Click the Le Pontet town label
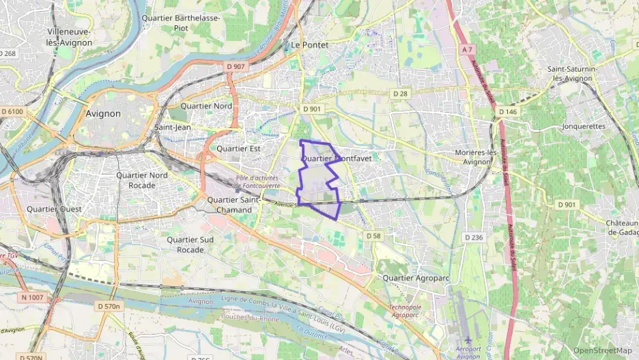pyautogui.click(x=309, y=45)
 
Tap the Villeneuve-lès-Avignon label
pyautogui.click(x=80, y=37)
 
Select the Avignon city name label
pyautogui.click(x=104, y=114)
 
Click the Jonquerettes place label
pyautogui.click(x=584, y=126)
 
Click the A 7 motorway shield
pyautogui.click(x=467, y=50)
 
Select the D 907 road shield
pyautogui.click(x=235, y=66)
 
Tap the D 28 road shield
pyautogui.click(x=399, y=93)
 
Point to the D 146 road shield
pyautogui.click(x=507, y=111)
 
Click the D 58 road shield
pyautogui.click(x=373, y=236)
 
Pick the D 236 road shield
pyautogui.click(x=473, y=237)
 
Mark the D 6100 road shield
pyautogui.click(x=12, y=111)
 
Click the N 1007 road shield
pyautogui.click(x=32, y=297)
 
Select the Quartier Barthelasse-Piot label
pyautogui.click(x=181, y=23)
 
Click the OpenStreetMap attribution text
pyautogui.click(x=602, y=350)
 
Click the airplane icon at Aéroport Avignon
pyautogui.click(x=468, y=340)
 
